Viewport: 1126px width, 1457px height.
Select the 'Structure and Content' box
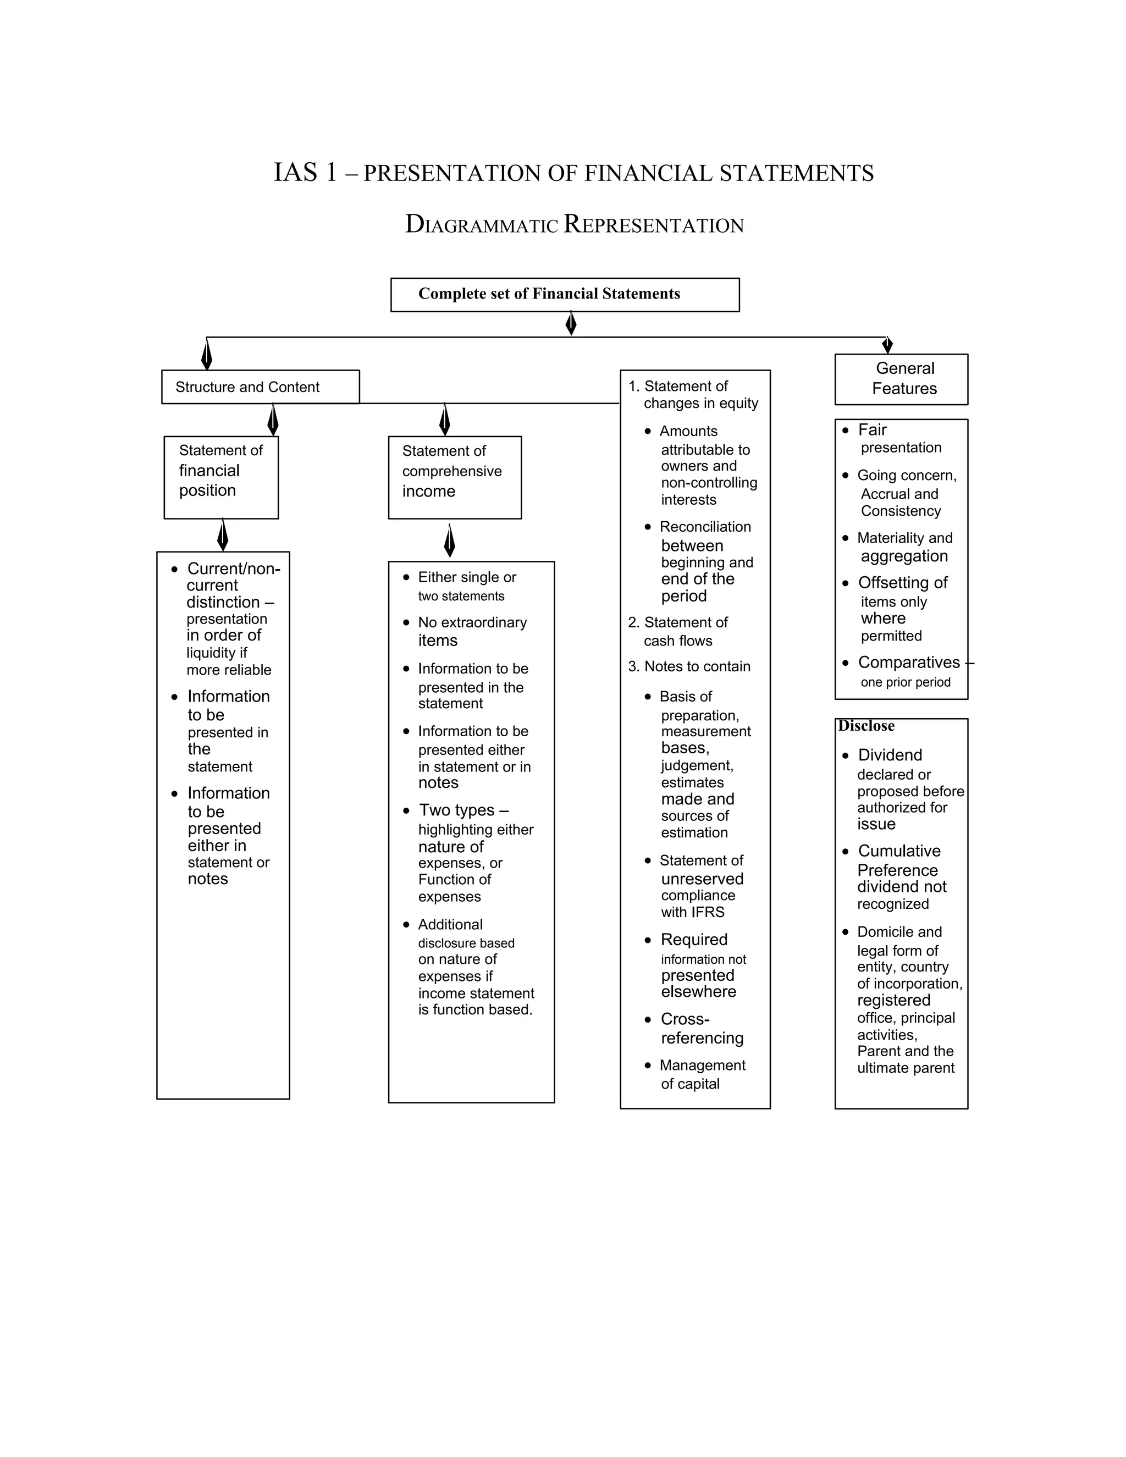(x=260, y=387)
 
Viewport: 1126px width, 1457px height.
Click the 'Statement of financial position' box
(x=221, y=477)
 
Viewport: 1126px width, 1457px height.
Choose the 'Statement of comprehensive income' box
(x=454, y=477)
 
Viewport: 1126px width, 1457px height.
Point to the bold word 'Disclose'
(x=866, y=726)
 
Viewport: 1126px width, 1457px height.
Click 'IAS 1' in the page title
(x=306, y=172)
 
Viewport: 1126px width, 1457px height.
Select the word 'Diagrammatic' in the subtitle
(x=481, y=225)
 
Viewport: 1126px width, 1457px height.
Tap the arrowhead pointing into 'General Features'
(x=887, y=345)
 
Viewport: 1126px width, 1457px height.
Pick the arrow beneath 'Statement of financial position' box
(x=223, y=535)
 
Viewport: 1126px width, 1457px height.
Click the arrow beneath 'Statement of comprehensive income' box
(x=450, y=540)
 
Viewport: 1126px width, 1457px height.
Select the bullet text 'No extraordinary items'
(x=472, y=631)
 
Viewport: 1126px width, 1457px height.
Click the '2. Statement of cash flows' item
(x=678, y=631)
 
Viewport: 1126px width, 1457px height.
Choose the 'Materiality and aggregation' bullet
(x=904, y=547)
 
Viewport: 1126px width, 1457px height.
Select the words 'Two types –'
(x=463, y=810)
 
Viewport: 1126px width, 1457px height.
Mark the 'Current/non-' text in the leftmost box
(x=234, y=569)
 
